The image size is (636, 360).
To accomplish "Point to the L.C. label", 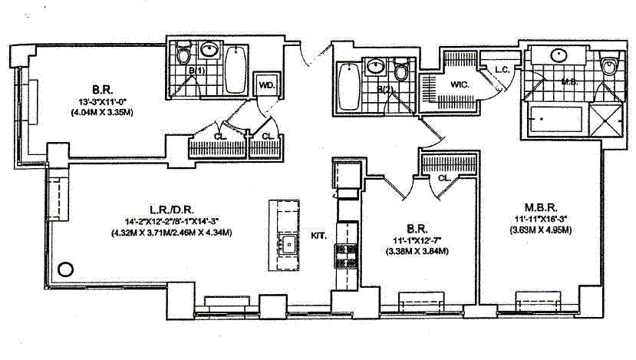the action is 503,70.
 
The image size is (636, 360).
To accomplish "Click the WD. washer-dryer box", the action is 265,84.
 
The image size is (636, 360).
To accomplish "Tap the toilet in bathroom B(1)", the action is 183,55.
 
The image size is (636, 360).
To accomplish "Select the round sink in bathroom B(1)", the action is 209,51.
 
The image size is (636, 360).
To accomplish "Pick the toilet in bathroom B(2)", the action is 401,74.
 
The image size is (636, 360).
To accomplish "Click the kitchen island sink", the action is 288,245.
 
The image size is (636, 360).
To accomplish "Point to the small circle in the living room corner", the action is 66,269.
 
